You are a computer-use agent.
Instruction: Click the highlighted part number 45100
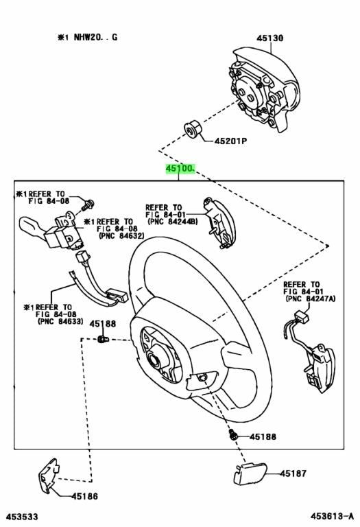click(x=180, y=168)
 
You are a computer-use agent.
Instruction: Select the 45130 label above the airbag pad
click(x=269, y=38)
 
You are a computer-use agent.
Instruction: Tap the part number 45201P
click(x=230, y=141)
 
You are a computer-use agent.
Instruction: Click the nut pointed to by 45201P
click(x=193, y=130)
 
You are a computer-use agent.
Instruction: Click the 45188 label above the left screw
click(x=102, y=324)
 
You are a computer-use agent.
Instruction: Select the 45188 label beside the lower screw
click(x=263, y=436)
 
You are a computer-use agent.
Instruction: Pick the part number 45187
click(x=293, y=473)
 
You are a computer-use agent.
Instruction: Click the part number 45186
click(x=84, y=495)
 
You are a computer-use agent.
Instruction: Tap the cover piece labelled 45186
click(x=49, y=476)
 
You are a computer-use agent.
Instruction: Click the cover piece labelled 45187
click(x=250, y=473)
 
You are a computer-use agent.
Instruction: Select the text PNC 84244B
click(x=173, y=222)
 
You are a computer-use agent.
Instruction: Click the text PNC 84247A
click(x=311, y=298)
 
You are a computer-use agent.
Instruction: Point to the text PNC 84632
click(x=121, y=236)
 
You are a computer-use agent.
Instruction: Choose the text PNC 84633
click(x=60, y=321)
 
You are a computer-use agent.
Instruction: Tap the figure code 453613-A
click(x=332, y=516)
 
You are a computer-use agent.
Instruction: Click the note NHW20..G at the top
click(x=88, y=37)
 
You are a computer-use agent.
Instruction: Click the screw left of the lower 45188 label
click(x=232, y=434)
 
